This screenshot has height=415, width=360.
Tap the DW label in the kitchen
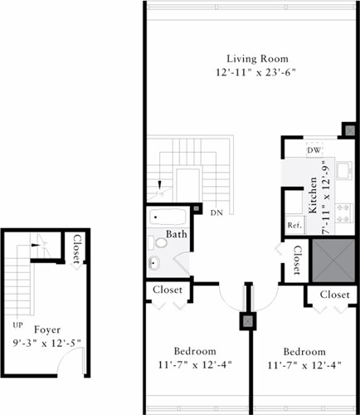point(314,150)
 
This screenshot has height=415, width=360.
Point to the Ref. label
point(294,225)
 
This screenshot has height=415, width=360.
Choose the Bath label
point(176,235)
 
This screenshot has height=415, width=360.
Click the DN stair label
point(216,213)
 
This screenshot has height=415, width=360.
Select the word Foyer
point(46,329)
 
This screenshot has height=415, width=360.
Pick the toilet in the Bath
point(153,243)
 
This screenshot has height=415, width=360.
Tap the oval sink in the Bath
point(153,264)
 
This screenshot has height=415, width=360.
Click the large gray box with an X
point(332,260)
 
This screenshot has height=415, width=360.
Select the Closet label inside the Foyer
point(76,250)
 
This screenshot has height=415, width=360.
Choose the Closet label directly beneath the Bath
point(172,290)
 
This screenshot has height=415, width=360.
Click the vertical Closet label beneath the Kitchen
point(297,260)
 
